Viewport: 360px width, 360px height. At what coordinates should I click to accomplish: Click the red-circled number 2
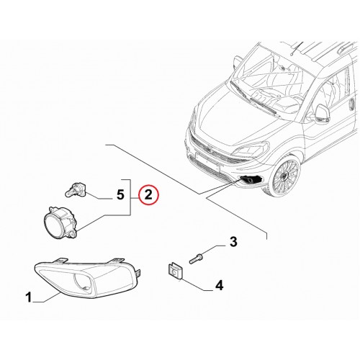[x=148, y=194]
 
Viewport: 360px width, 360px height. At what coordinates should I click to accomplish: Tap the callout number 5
[x=120, y=194]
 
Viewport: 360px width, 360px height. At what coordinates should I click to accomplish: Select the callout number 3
[x=233, y=242]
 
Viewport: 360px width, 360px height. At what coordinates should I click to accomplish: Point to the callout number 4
[x=219, y=286]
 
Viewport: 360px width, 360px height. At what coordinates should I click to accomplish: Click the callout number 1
[x=29, y=297]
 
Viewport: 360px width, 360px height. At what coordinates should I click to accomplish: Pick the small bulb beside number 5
[x=74, y=189]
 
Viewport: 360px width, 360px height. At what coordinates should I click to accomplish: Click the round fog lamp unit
[x=61, y=222]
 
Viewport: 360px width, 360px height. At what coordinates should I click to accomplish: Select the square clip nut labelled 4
[x=175, y=271]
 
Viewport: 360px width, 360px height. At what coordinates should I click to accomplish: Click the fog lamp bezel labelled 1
[x=88, y=277]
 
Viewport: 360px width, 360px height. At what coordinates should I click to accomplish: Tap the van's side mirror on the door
[x=323, y=114]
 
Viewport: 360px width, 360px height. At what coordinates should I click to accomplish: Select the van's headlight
[x=251, y=150]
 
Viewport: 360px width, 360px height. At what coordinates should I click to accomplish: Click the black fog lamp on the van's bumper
[x=251, y=179]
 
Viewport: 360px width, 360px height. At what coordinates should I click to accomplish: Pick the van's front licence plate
[x=207, y=161]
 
